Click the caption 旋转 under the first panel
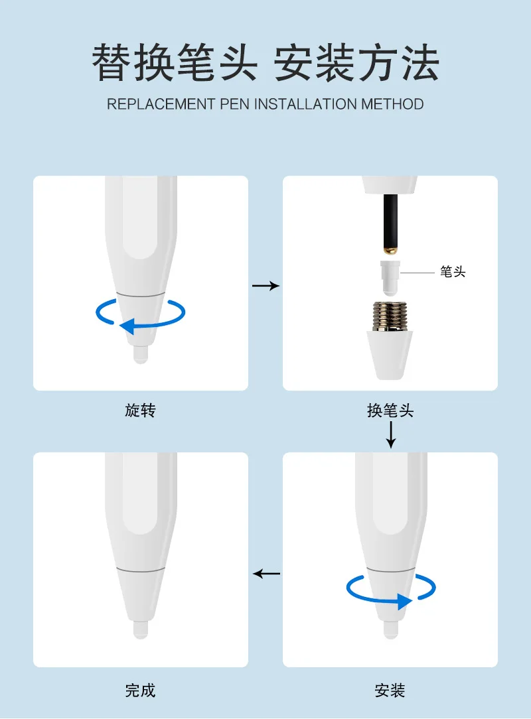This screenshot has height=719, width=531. coord(141,410)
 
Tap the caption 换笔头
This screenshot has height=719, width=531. coord(390,410)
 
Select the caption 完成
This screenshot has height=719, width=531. coord(141,690)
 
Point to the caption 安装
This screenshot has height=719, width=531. coord(390,690)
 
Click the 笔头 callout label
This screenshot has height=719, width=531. coord(453,272)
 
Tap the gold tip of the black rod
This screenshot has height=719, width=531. coord(390,250)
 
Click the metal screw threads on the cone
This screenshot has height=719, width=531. coord(390,316)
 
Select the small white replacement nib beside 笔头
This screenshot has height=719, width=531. coord(390,278)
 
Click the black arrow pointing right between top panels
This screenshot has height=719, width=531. coord(265,286)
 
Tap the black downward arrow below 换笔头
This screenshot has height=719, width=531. coord(390,434)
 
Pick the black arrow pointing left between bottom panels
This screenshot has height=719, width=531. coord(267,574)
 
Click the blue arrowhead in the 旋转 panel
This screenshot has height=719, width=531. coord(127,326)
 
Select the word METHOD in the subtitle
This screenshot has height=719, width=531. coord(392,104)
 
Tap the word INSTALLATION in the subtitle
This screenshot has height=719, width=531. coord(305,104)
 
